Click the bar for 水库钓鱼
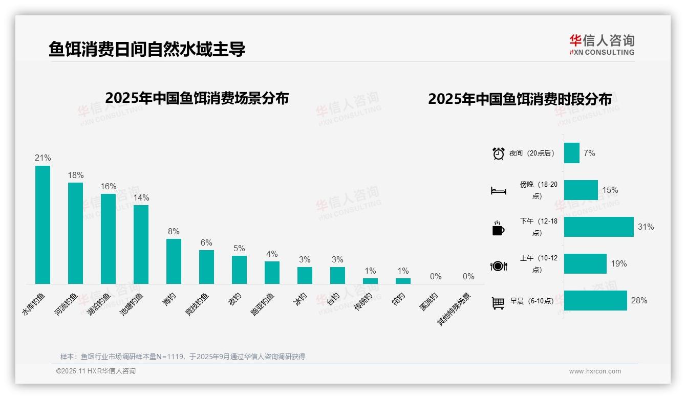[x=42, y=225]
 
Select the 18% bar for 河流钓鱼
[x=75, y=233]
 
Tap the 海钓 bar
[x=174, y=261]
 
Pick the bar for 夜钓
[x=239, y=270]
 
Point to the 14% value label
[x=141, y=197]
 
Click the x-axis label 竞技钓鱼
[x=198, y=303]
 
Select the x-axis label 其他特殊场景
[x=454, y=309]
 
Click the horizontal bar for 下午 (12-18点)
[x=598, y=227]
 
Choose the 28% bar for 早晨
[x=595, y=300]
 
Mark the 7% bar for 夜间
[x=571, y=153]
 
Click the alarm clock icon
[x=498, y=153]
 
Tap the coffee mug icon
[x=498, y=229]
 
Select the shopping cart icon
[x=498, y=303]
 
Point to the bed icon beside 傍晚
[x=498, y=191]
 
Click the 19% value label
[x=618, y=264]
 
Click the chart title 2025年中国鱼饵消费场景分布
[x=197, y=98]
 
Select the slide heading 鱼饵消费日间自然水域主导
[x=147, y=49]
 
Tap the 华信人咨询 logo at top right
[x=602, y=45]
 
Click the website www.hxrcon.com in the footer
[x=595, y=371]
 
